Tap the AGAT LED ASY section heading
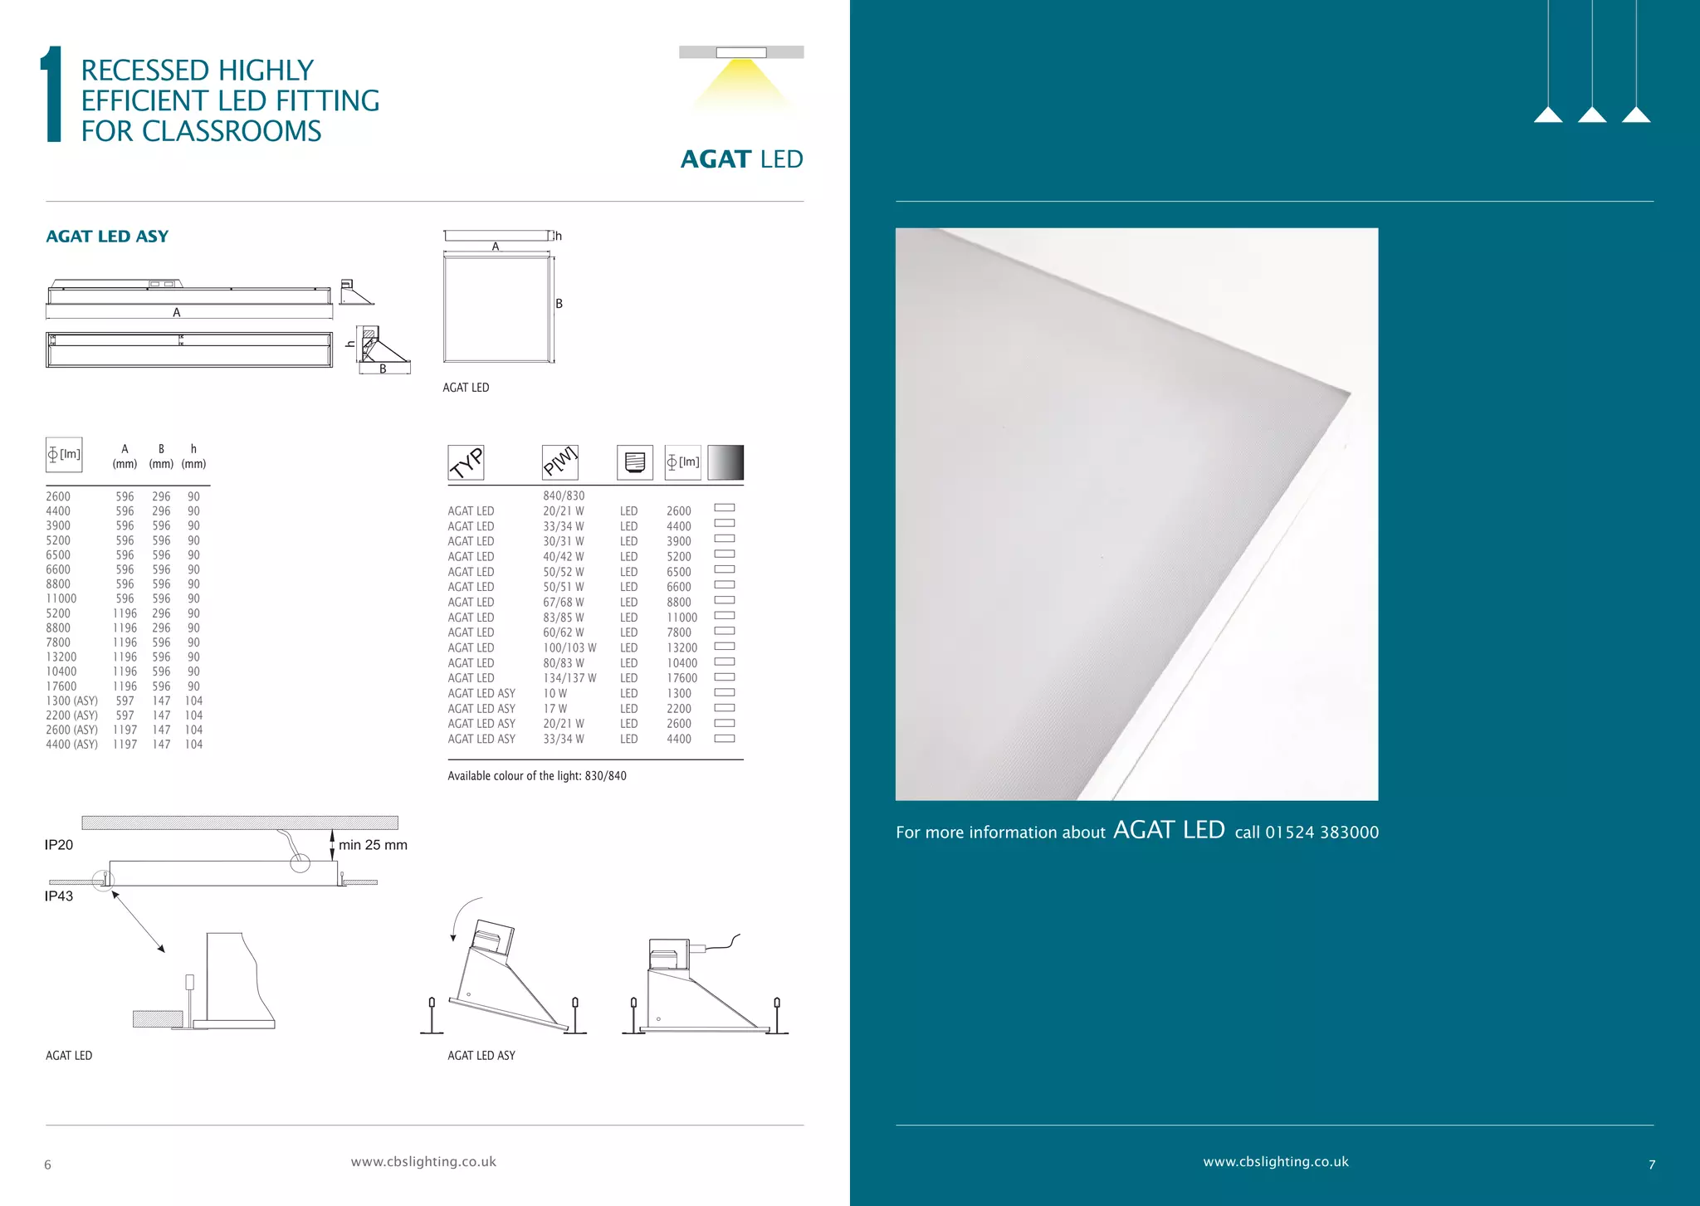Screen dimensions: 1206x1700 point(107,237)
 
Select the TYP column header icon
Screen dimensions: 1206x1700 point(466,462)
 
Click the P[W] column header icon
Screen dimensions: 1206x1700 point(559,462)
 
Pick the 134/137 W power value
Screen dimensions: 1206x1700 point(569,678)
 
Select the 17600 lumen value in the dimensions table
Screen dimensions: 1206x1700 point(61,686)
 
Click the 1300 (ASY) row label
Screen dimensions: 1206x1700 point(71,701)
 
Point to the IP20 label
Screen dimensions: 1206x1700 point(59,845)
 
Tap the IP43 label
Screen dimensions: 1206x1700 point(59,896)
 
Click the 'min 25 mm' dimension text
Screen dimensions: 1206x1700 point(373,845)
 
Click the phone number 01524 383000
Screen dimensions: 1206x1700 point(1321,832)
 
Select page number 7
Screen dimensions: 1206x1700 point(1652,1165)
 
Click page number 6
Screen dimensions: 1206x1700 point(47,1165)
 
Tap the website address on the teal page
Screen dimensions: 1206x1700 point(1276,1162)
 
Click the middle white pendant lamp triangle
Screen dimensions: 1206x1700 point(1592,115)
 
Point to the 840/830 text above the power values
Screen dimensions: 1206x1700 point(564,496)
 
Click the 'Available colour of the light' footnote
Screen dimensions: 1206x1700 point(537,776)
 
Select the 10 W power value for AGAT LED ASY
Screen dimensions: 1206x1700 point(555,694)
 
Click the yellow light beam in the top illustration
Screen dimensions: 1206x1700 point(741,83)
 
